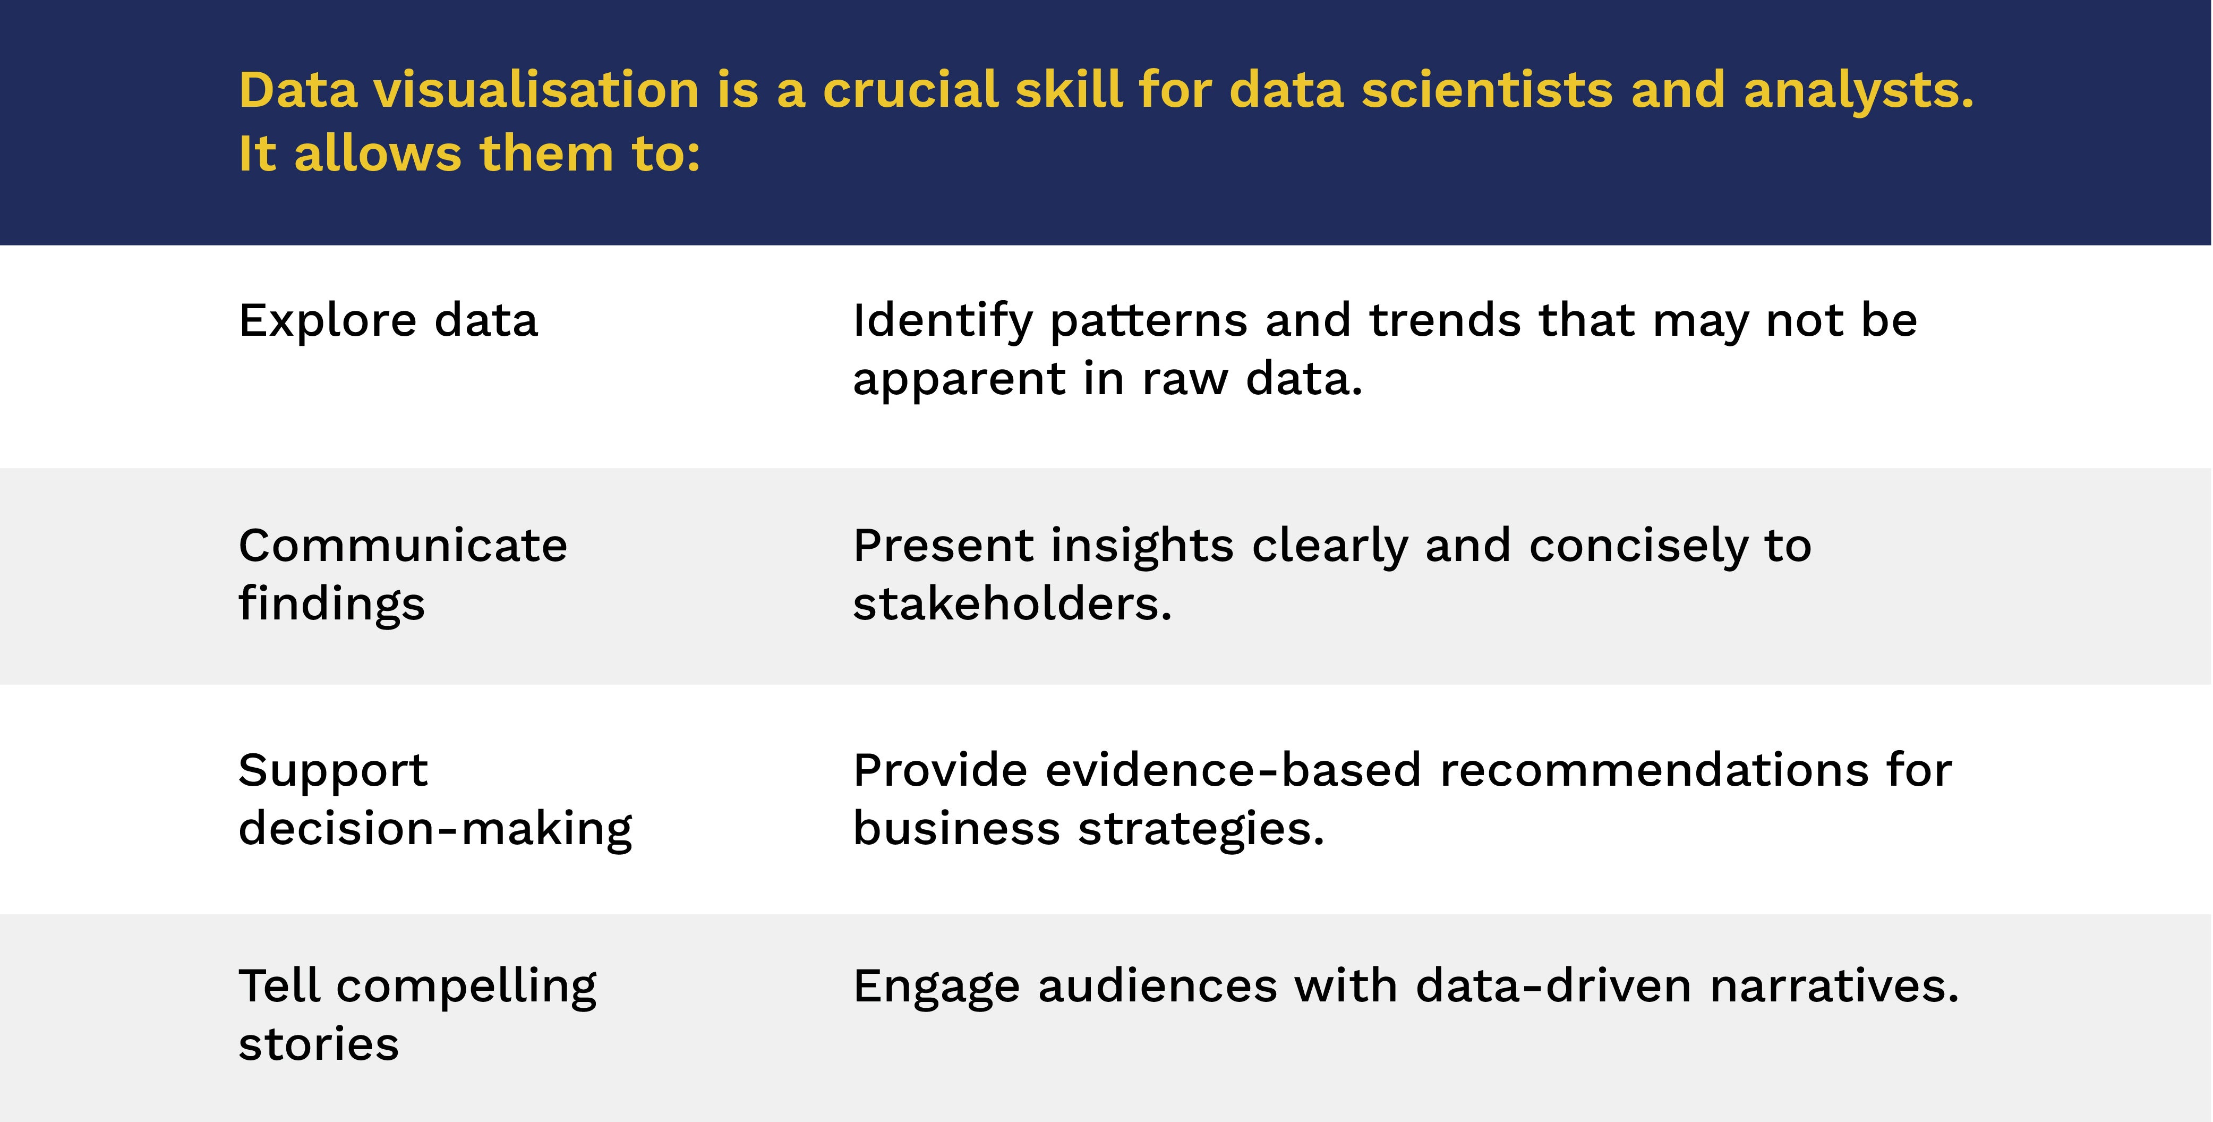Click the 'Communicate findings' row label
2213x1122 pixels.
403,575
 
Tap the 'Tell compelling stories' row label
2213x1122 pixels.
417,1015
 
